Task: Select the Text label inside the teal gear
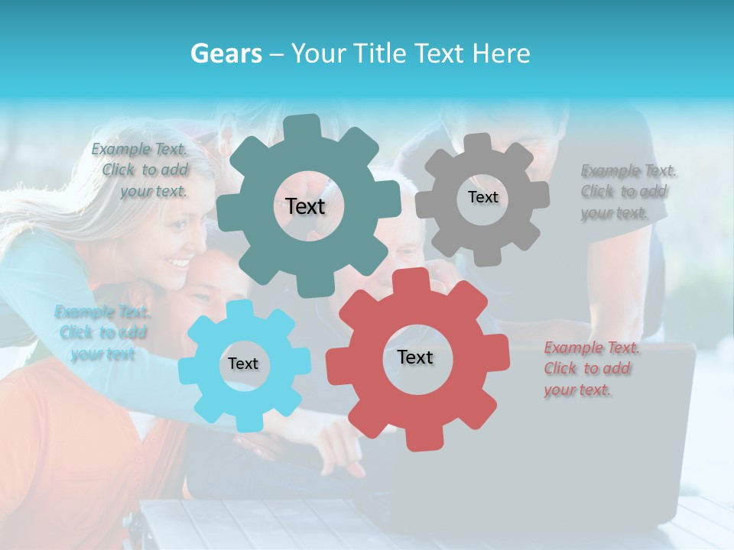[x=305, y=206]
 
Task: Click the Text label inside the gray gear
[x=482, y=197]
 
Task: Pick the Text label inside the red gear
[x=415, y=357]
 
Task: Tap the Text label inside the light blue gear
[x=243, y=364]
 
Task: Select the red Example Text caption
[x=590, y=369]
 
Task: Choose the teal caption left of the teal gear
[x=142, y=170]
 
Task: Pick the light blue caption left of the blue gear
[x=102, y=333]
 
